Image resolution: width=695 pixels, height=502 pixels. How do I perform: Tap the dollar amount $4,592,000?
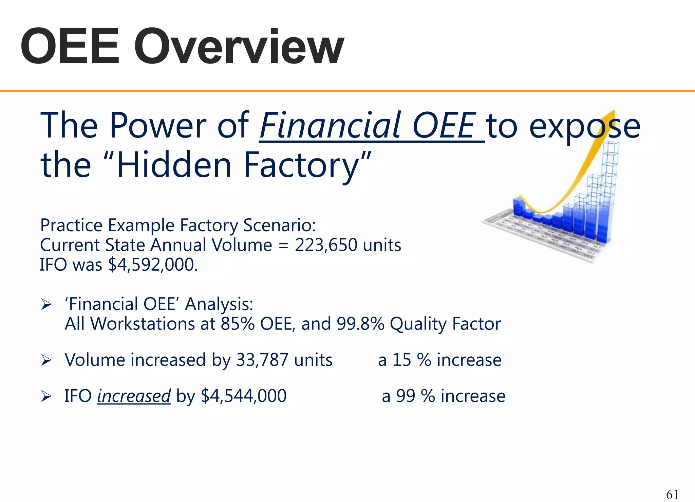(x=152, y=265)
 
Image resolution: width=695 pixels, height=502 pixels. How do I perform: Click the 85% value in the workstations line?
(x=238, y=324)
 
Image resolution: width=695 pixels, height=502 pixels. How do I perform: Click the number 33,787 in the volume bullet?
(x=262, y=360)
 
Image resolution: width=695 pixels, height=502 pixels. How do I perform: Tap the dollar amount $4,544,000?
(x=244, y=396)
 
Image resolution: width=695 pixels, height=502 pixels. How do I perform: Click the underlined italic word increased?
(x=134, y=396)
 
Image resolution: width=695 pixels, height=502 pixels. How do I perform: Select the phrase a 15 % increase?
(x=440, y=360)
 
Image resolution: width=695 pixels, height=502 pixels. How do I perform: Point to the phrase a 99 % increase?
(x=444, y=396)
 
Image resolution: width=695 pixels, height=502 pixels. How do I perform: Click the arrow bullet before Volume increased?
(x=46, y=360)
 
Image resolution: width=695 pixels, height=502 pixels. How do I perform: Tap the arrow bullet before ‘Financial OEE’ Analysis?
(x=46, y=305)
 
